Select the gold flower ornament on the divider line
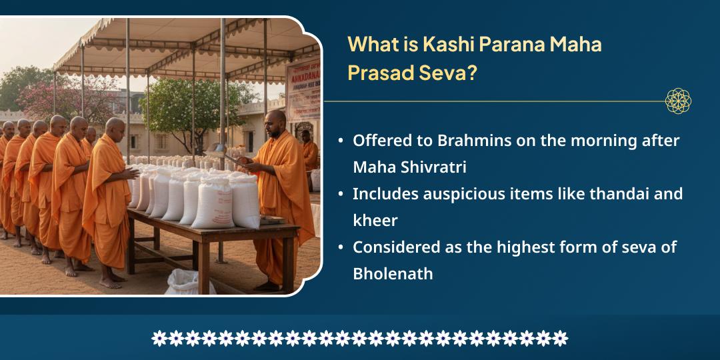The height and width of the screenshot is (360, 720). (678, 101)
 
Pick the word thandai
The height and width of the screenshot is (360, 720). (606, 194)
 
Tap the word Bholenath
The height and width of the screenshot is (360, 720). (393, 273)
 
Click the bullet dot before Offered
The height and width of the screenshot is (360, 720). (341, 141)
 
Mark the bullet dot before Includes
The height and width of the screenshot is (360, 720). (341, 194)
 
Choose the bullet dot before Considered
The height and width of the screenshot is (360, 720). (341, 247)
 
